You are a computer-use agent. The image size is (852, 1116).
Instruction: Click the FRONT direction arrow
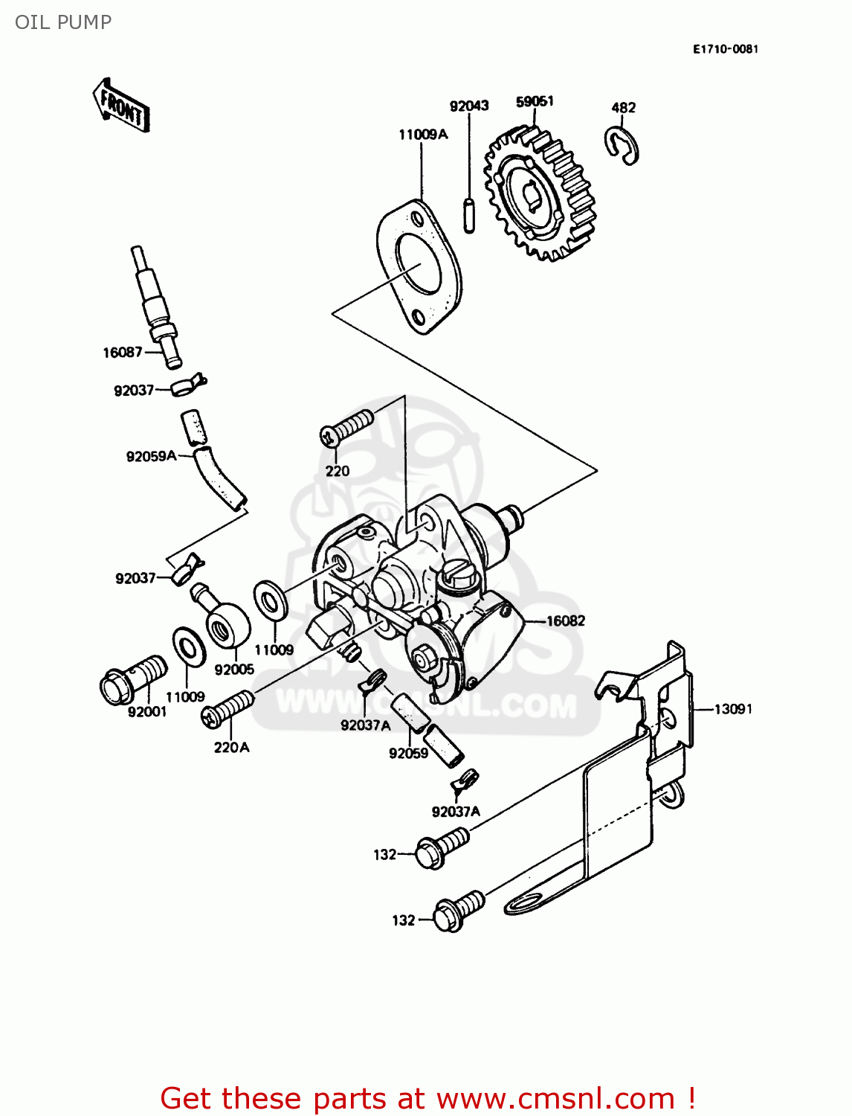121,106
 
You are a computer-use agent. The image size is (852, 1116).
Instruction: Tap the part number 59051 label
535,101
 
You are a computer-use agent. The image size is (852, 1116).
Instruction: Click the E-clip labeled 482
622,144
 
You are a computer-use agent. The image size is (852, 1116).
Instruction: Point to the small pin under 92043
469,215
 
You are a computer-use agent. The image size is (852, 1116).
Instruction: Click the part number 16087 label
122,353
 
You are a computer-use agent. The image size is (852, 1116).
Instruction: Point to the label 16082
566,620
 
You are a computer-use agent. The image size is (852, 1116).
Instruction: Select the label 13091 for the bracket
733,709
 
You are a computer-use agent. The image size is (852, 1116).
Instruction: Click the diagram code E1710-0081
726,49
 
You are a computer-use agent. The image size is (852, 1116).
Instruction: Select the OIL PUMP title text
63,22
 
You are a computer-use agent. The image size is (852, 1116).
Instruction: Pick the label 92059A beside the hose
151,456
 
